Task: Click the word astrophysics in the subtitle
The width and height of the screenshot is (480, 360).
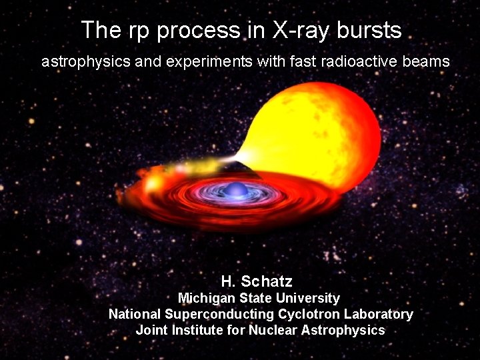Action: [81, 62]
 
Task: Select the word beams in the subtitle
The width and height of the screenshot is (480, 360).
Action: [424, 61]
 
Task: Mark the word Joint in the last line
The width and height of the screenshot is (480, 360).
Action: [151, 330]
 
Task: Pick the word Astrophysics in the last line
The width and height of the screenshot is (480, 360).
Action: [343, 330]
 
